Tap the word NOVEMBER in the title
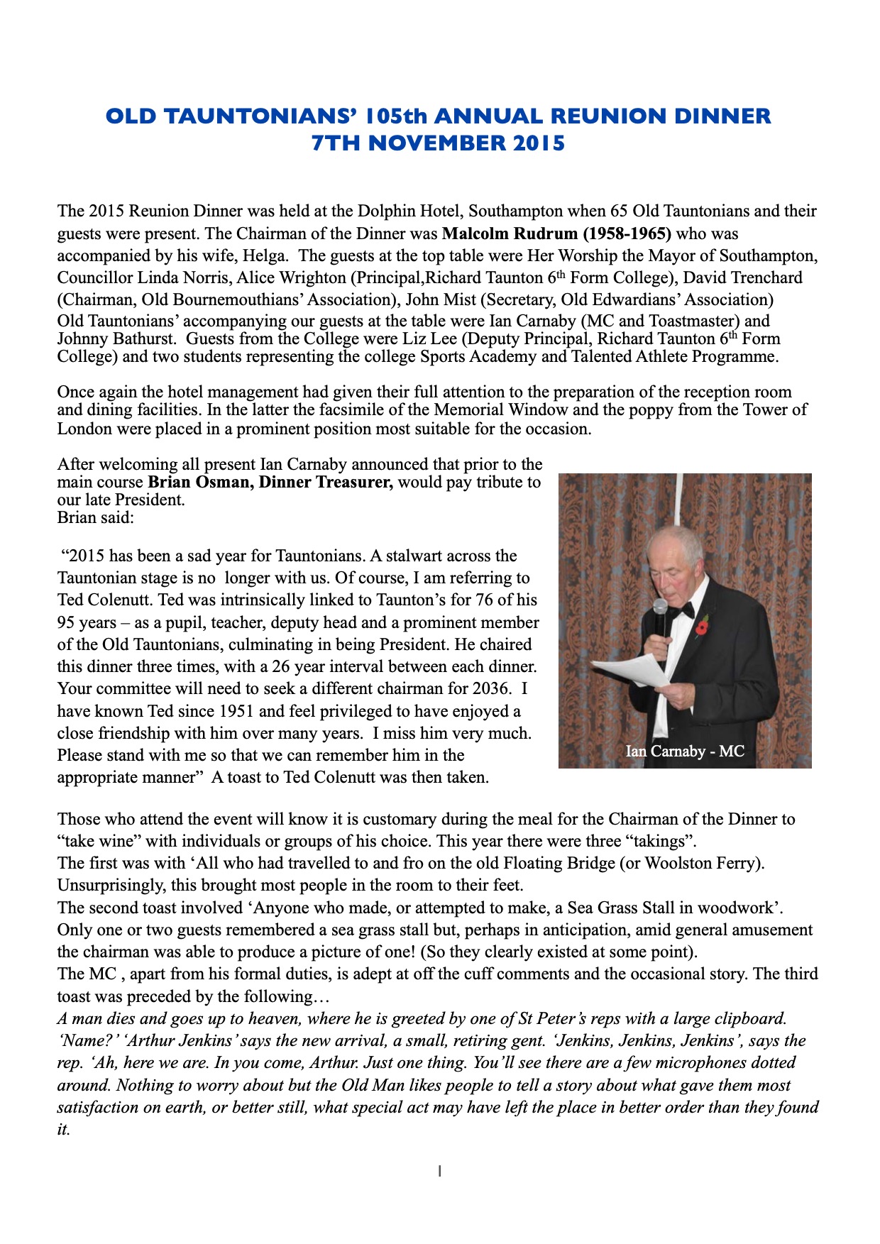(x=436, y=143)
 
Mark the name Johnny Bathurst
(x=116, y=338)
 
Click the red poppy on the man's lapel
(x=702, y=626)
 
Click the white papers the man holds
(x=632, y=670)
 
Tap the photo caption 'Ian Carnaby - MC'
(x=685, y=751)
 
